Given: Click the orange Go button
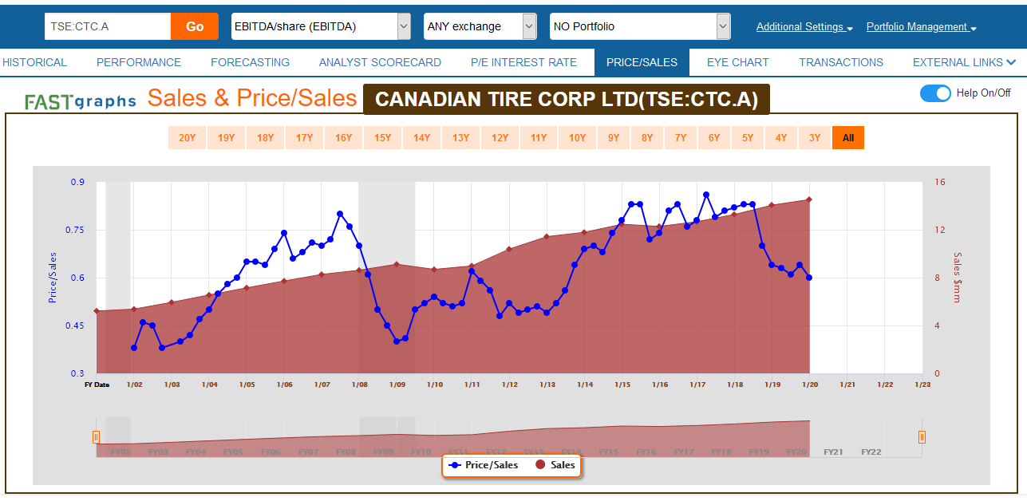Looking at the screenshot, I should pyautogui.click(x=195, y=26).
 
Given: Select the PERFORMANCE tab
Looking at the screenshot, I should pyautogui.click(x=139, y=62).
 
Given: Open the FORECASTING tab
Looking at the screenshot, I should pyautogui.click(x=250, y=62).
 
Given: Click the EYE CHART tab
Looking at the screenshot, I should pyautogui.click(x=737, y=62).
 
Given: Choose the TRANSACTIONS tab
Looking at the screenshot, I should pyautogui.click(x=841, y=62).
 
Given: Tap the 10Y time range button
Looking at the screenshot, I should pyautogui.click(x=577, y=138).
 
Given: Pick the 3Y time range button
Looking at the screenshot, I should pyautogui.click(x=814, y=138).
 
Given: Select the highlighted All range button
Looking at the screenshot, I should pyautogui.click(x=847, y=138).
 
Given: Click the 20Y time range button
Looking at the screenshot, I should pyautogui.click(x=187, y=138).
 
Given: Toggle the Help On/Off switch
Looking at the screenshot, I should pyautogui.click(x=935, y=93).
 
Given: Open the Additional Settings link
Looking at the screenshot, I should pyautogui.click(x=804, y=27).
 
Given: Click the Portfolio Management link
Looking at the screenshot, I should pyautogui.click(x=921, y=27).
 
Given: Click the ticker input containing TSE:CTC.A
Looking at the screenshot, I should pyautogui.click(x=108, y=26).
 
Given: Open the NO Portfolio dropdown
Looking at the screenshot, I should pyautogui.click(x=640, y=26).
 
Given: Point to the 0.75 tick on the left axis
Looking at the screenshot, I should pyautogui.click(x=77, y=230).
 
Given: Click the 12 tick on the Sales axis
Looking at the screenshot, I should pyautogui.click(x=940, y=230).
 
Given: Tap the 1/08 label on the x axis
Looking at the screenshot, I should pyautogui.click(x=359, y=385).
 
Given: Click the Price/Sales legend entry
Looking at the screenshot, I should pyautogui.click(x=484, y=465).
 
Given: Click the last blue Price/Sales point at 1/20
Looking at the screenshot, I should pyautogui.click(x=809, y=278).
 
